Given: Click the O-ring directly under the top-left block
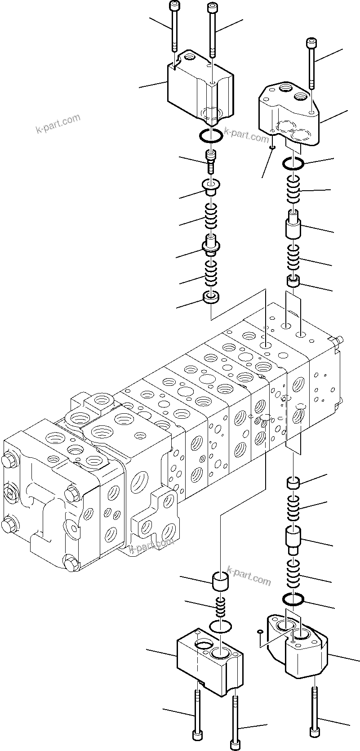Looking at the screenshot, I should tap(209, 136).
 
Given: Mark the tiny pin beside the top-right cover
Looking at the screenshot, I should tap(272, 145).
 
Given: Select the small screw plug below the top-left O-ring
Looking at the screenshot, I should tap(210, 162).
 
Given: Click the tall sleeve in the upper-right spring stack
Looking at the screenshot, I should tap(293, 225).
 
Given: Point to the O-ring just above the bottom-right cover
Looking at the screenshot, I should tap(293, 599).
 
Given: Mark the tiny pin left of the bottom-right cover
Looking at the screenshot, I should tap(260, 632).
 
